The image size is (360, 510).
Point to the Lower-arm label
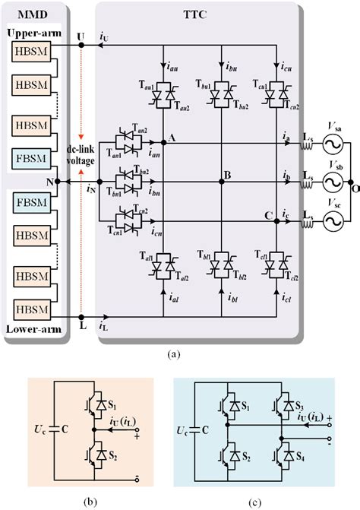tap(31, 331)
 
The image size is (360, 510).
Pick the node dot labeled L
tap(81, 318)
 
